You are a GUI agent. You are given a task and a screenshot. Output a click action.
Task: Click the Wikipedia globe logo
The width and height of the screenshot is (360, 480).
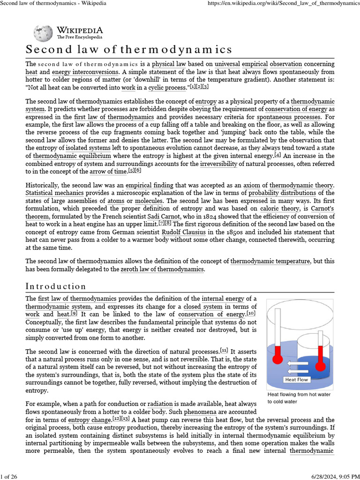[x=44, y=33]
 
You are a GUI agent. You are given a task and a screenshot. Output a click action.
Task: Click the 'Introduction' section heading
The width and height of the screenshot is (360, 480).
[x=56, y=286]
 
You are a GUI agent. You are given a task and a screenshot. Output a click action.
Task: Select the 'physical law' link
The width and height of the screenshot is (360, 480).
[x=170, y=64]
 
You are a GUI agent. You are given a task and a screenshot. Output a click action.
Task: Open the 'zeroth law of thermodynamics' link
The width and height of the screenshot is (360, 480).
[x=162, y=269]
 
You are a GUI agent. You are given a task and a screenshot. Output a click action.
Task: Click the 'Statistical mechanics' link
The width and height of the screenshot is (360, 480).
[x=54, y=193]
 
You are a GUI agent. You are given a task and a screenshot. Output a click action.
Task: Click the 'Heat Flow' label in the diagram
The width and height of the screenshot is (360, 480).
[x=296, y=379]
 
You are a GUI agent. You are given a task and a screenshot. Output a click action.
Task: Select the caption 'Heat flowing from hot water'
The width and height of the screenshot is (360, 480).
[x=299, y=394]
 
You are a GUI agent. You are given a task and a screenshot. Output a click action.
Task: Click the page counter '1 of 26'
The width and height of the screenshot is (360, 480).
[x=9, y=476]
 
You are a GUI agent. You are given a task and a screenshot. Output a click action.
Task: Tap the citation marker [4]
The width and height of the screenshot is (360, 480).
[x=277, y=155]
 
